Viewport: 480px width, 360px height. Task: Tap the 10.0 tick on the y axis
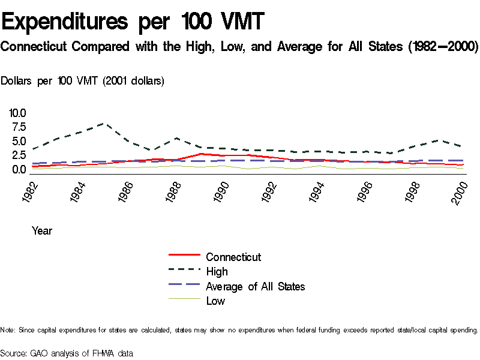point(17,113)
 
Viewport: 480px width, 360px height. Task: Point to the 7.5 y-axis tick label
point(17,127)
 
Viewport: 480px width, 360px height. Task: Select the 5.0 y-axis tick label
point(17,142)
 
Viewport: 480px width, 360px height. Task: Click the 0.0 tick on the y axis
point(17,169)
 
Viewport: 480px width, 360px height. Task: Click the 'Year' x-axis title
point(42,231)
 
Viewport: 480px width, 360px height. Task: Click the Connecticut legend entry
point(233,257)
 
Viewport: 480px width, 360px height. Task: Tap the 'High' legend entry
point(217,272)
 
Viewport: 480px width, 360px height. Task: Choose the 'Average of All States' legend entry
point(255,287)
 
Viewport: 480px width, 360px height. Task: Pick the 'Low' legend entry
point(215,301)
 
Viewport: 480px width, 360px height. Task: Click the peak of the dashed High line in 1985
point(104,123)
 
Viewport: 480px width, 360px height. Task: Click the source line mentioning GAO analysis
point(67,354)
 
